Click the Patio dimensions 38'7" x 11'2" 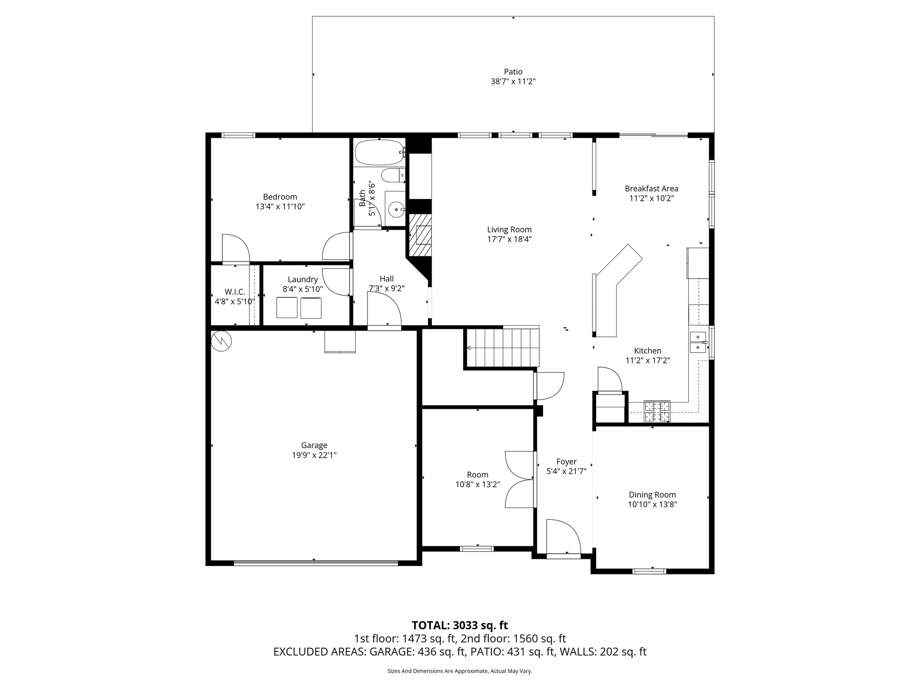(x=513, y=82)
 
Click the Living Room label (x=509, y=230)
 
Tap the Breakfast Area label (x=651, y=189)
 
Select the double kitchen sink (x=698, y=342)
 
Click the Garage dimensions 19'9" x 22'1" (x=314, y=455)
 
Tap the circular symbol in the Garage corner (x=221, y=341)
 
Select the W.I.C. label (x=235, y=292)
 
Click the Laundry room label (x=303, y=279)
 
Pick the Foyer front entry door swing (x=562, y=537)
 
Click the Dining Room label (x=652, y=495)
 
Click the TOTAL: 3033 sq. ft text (x=460, y=625)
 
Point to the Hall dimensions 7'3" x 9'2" (x=386, y=289)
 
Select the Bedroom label (x=280, y=197)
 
